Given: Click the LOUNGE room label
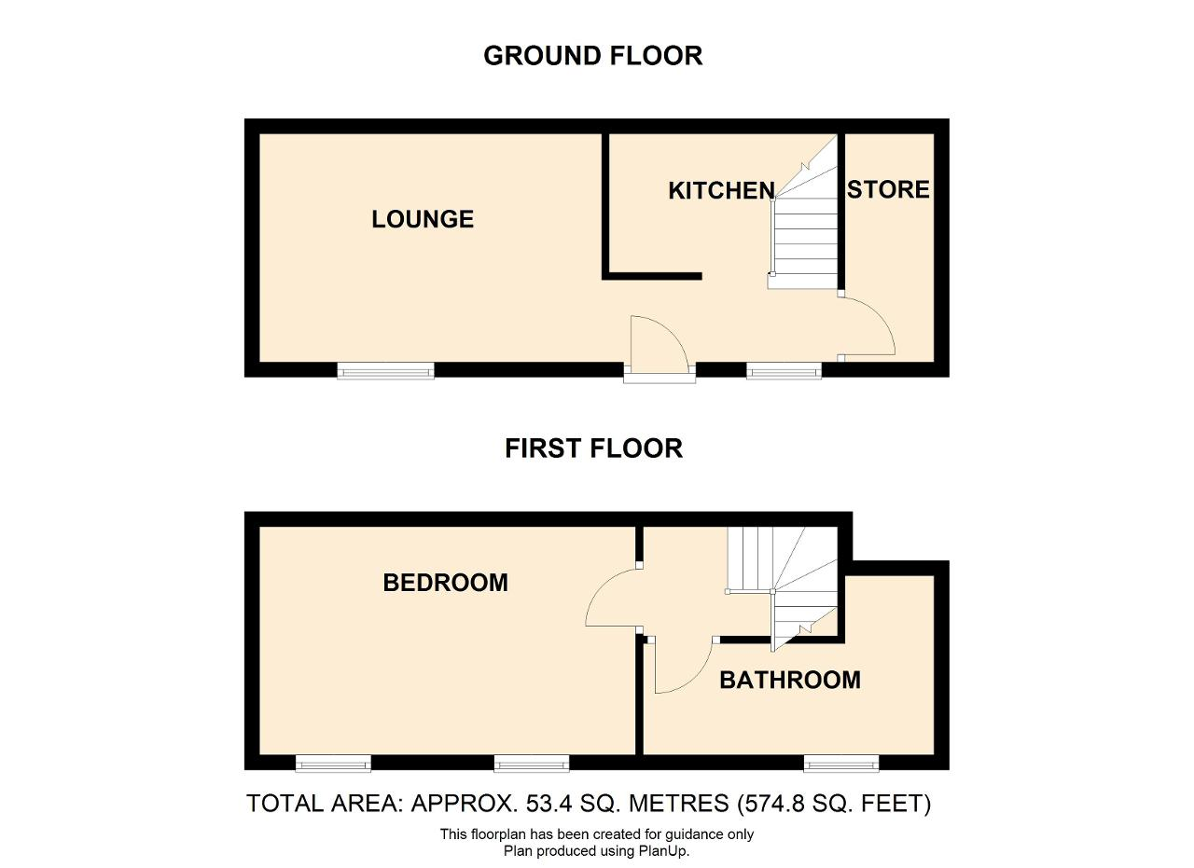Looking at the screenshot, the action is (423, 219).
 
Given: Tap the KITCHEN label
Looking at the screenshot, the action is (721, 191).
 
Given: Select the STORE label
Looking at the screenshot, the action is (888, 189).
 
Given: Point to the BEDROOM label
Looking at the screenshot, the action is (446, 583).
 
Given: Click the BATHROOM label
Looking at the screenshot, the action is (790, 680).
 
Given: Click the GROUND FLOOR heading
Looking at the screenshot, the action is (592, 56).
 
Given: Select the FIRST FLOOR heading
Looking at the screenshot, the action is (593, 448).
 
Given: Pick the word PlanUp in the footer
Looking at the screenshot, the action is (663, 851).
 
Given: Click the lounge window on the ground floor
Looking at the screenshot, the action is (386, 370).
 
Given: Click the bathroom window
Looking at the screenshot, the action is (841, 763).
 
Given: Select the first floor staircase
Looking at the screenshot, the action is (782, 586).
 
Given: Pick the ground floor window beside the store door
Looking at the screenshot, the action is (784, 370).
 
